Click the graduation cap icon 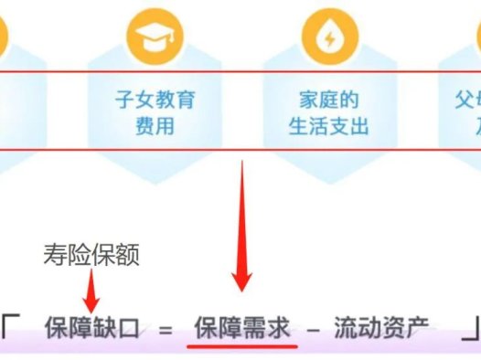pyautogui.click(x=155, y=35)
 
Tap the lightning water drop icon pyautogui.click(x=328, y=35)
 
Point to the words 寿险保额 pyautogui.click(x=91, y=257)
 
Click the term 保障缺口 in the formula pyautogui.click(x=91, y=328)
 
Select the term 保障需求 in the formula pyautogui.click(x=241, y=328)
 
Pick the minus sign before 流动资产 pyautogui.click(x=313, y=329)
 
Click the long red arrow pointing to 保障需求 pyautogui.click(x=241, y=228)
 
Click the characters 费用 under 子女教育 pyautogui.click(x=155, y=125)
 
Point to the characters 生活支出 pyautogui.click(x=328, y=125)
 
